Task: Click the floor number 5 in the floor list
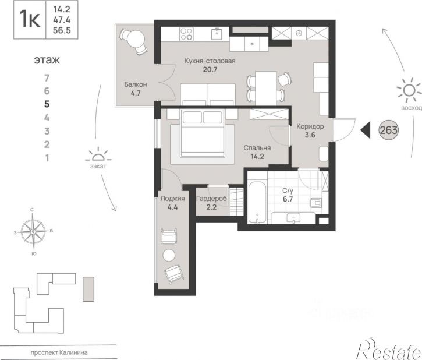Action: tap(47, 104)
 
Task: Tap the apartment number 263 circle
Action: tap(388, 130)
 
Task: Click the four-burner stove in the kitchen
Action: tap(186, 34)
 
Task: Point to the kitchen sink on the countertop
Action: tap(217, 34)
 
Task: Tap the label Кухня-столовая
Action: tap(210, 61)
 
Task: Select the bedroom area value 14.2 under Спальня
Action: tap(257, 157)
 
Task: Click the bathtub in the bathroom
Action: tap(257, 203)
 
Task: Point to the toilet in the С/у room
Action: tap(315, 202)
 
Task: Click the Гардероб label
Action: tap(211, 199)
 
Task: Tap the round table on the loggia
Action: tap(169, 255)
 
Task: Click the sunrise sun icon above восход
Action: tap(409, 90)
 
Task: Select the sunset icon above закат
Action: tap(98, 155)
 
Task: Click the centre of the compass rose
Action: tap(33, 232)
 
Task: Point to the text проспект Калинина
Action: tap(59, 352)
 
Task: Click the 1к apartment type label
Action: tap(30, 20)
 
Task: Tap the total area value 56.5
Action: tap(62, 30)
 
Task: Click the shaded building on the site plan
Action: tap(88, 289)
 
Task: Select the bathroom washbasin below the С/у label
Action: tap(293, 218)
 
